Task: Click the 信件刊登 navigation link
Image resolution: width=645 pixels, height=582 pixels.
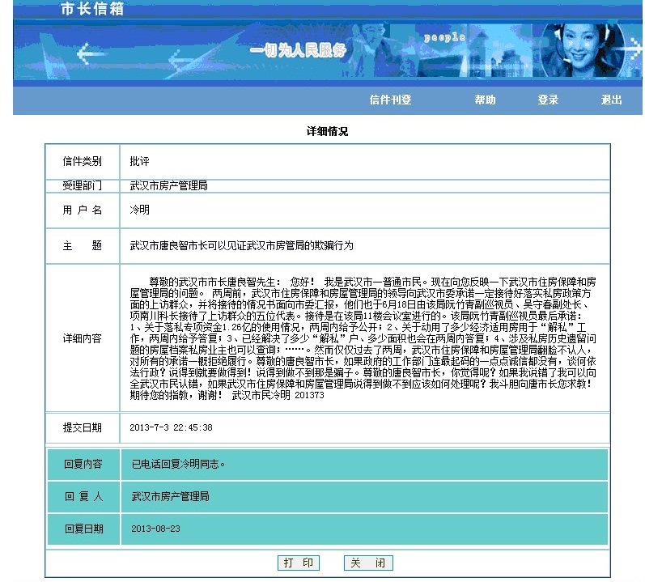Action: [390, 100]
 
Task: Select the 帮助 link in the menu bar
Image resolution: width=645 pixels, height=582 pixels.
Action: [485, 100]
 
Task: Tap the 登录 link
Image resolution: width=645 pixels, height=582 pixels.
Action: [548, 100]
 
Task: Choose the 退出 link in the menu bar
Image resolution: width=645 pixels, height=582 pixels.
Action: [612, 100]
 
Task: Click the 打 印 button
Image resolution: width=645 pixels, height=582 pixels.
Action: [298, 563]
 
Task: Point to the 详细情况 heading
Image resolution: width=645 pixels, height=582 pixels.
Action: [327, 130]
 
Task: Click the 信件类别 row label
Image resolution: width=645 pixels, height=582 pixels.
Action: [83, 162]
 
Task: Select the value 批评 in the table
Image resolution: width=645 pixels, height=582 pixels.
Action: [139, 162]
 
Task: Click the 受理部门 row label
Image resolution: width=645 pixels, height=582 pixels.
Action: [83, 186]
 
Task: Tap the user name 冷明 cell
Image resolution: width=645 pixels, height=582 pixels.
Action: [139, 210]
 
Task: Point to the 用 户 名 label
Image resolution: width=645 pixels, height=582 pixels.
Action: [83, 210]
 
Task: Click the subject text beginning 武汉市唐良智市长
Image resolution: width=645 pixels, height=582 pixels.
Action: [241, 245]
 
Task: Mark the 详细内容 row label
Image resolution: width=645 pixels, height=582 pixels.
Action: [83, 338]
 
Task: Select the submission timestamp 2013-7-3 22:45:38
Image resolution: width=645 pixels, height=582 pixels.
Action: [171, 427]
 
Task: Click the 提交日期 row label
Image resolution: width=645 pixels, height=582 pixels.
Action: [83, 427]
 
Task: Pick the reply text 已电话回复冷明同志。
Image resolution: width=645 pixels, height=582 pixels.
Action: [178, 465]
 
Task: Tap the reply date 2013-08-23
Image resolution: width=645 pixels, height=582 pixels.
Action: [155, 529]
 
